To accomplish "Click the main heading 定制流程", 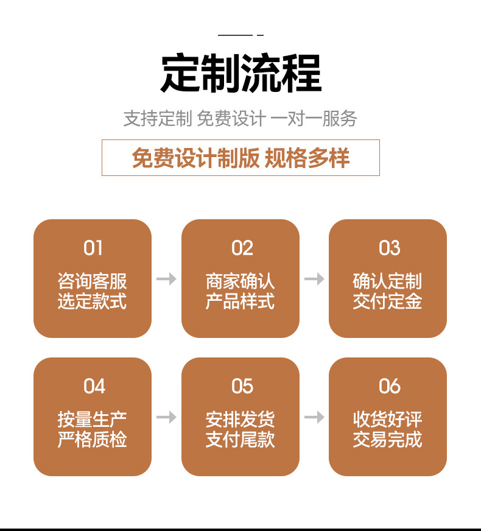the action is pyautogui.click(x=240, y=74).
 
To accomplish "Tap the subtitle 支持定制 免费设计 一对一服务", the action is pyautogui.click(x=240, y=118).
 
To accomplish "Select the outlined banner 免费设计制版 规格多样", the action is pyautogui.click(x=240, y=158).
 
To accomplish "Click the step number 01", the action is pyautogui.click(x=93, y=248).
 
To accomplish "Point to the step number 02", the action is pyautogui.click(x=241, y=248).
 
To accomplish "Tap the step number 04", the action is pyautogui.click(x=94, y=386).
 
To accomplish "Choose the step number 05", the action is pyautogui.click(x=242, y=386).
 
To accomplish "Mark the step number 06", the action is pyautogui.click(x=389, y=386).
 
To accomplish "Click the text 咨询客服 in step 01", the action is pyautogui.click(x=93, y=281).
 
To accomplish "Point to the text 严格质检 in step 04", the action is pyautogui.click(x=93, y=440).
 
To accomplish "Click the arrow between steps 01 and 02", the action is pyautogui.click(x=166, y=279).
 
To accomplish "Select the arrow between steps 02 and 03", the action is pyautogui.click(x=314, y=279).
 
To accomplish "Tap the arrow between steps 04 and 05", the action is pyautogui.click(x=166, y=417).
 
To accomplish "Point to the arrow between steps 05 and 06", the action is pyautogui.click(x=314, y=417).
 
